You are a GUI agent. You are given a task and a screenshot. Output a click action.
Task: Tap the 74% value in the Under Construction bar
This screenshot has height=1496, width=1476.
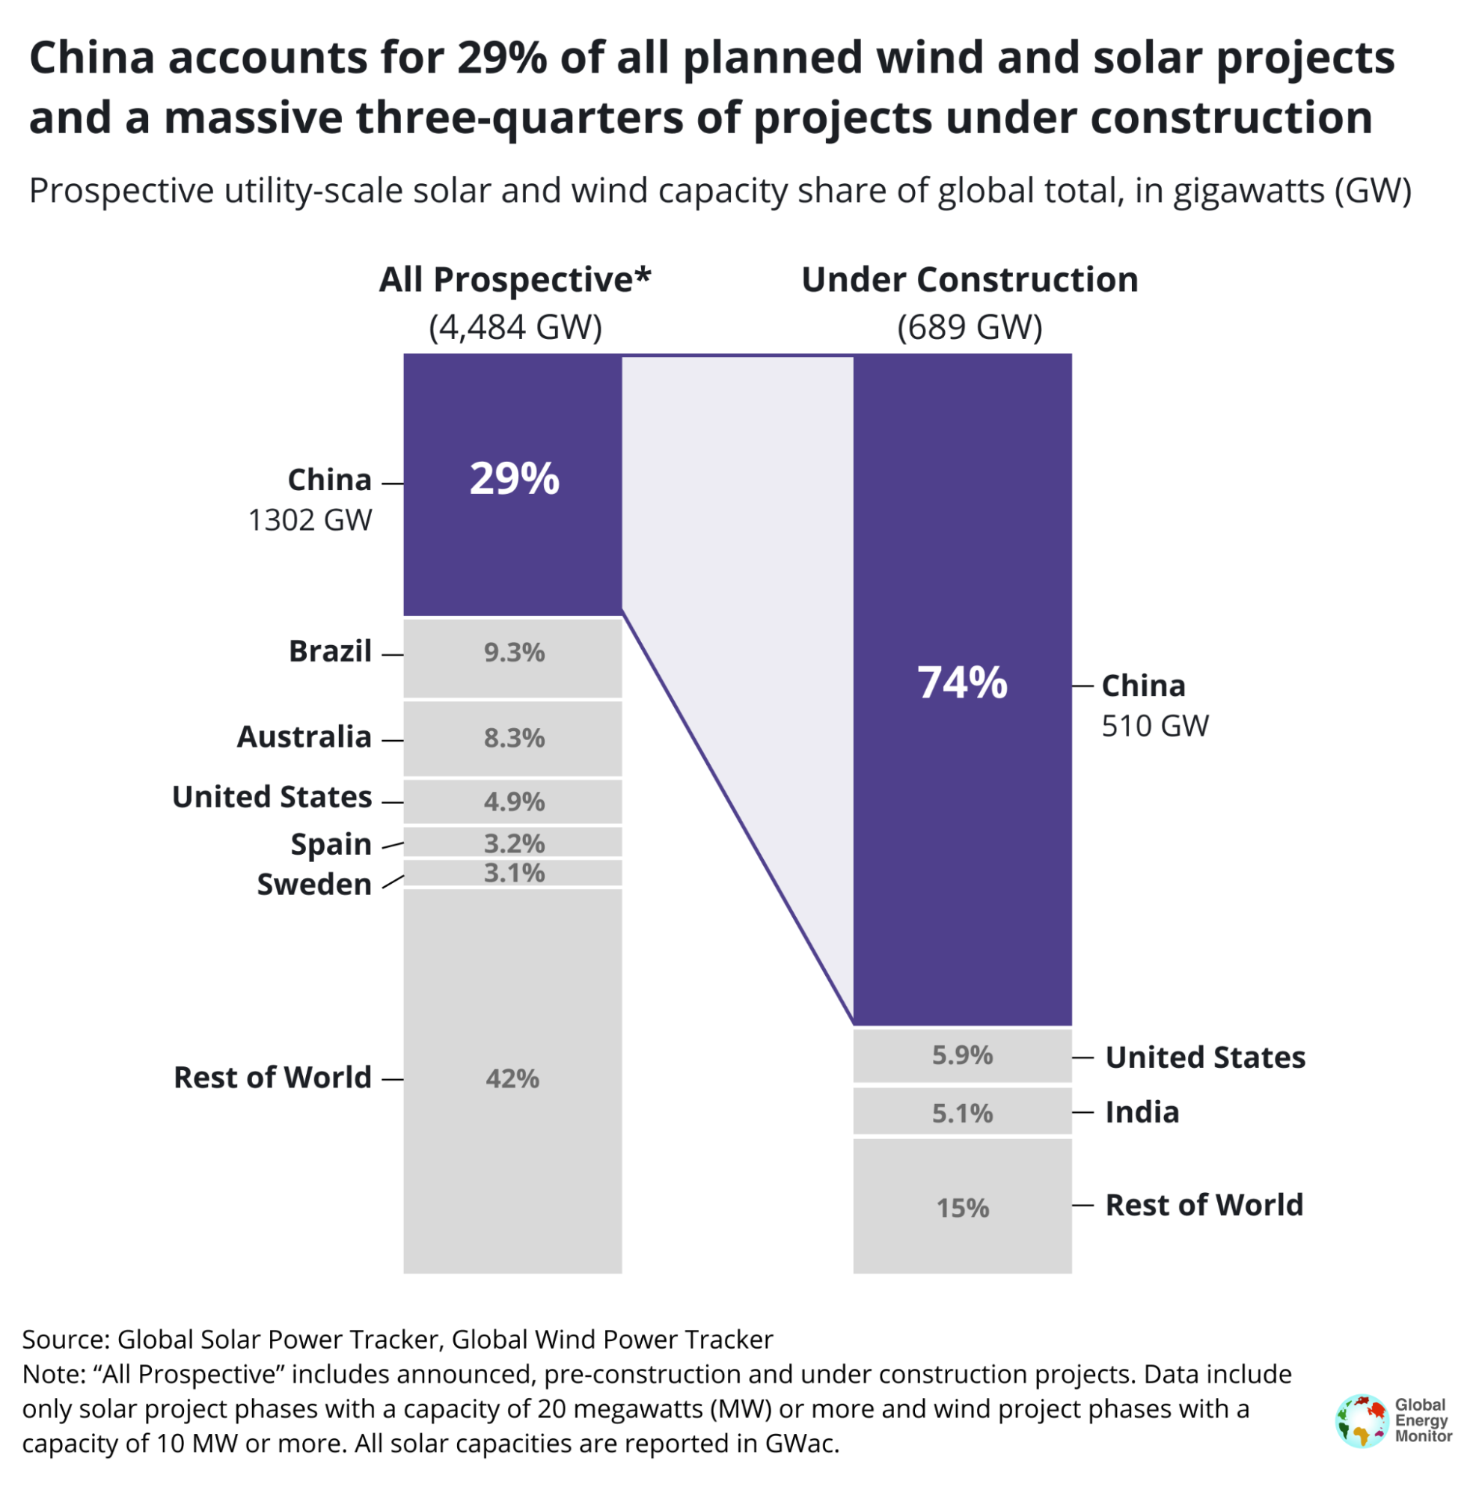[962, 683]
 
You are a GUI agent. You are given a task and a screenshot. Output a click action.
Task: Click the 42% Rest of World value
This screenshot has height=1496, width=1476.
[512, 1078]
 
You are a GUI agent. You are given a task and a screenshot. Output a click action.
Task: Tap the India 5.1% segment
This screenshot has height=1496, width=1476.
[962, 1113]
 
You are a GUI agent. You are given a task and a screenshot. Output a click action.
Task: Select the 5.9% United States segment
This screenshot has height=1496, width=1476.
[962, 1054]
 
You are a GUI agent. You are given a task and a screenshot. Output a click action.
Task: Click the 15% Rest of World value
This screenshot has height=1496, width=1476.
[962, 1208]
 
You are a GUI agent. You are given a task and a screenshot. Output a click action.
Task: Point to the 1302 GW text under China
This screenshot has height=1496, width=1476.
[310, 520]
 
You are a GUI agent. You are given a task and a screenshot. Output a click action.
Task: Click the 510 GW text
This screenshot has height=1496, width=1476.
[1154, 725]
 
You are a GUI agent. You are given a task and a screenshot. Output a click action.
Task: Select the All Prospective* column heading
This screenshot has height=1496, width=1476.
[515, 280]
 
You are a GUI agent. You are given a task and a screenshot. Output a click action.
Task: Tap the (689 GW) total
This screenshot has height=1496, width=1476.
[969, 327]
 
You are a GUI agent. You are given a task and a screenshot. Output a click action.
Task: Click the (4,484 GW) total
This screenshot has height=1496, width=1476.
[515, 327]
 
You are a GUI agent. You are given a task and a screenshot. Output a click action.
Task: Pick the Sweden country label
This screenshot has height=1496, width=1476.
[313, 884]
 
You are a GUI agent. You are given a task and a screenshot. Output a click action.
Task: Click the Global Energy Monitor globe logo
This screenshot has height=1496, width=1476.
[1361, 1421]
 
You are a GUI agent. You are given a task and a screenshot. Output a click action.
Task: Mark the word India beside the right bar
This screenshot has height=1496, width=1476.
[1142, 1112]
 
